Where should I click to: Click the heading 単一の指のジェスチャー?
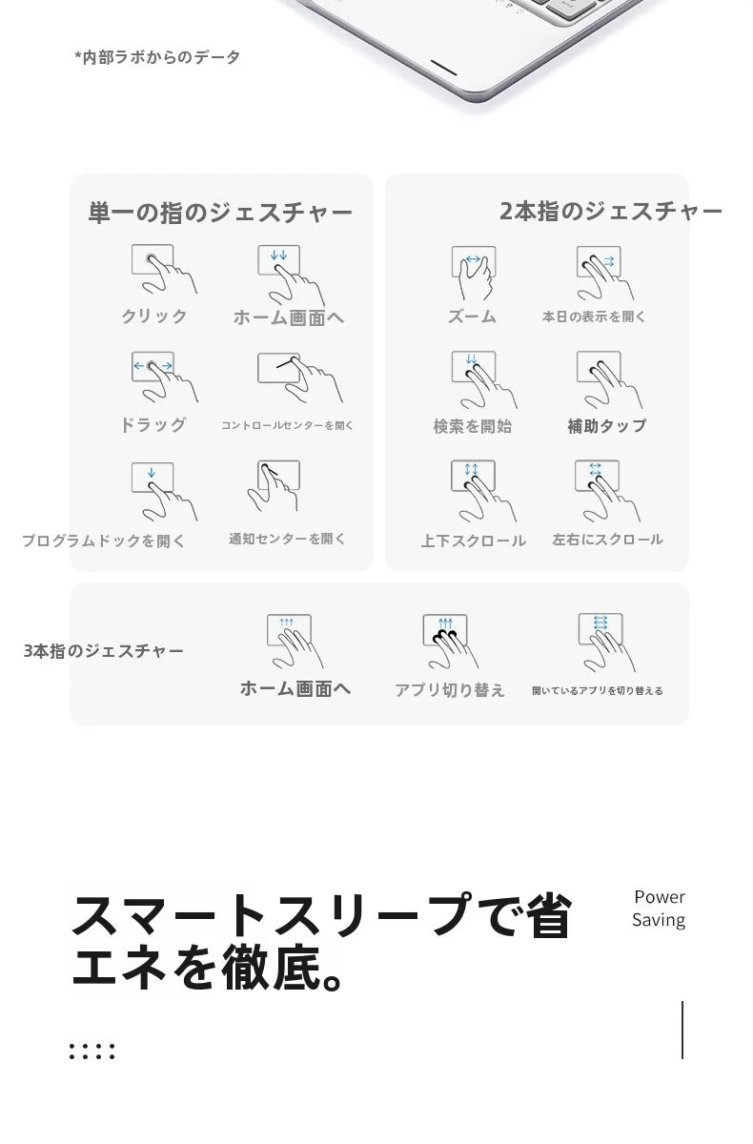pyautogui.click(x=220, y=213)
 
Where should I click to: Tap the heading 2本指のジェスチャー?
pyautogui.click(x=611, y=211)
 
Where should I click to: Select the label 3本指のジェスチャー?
pyautogui.click(x=104, y=650)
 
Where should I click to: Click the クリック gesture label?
pyautogui.click(x=154, y=317)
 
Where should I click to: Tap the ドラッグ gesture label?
pyautogui.click(x=153, y=424)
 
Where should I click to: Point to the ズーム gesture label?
pyautogui.click(x=472, y=317)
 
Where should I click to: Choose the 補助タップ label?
pyautogui.click(x=607, y=426)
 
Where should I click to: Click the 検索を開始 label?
pyautogui.click(x=473, y=426)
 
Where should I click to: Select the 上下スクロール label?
pyautogui.click(x=473, y=541)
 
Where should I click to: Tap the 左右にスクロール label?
pyautogui.click(x=607, y=540)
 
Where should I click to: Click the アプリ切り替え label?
pyautogui.click(x=450, y=690)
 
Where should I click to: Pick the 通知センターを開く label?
pyautogui.click(x=287, y=539)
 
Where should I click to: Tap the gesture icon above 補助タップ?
pyautogui.click(x=607, y=378)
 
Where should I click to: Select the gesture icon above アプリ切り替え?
pyautogui.click(x=450, y=641)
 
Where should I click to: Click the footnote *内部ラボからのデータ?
pyautogui.click(x=157, y=57)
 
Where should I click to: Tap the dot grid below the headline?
pyautogui.click(x=92, y=1052)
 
